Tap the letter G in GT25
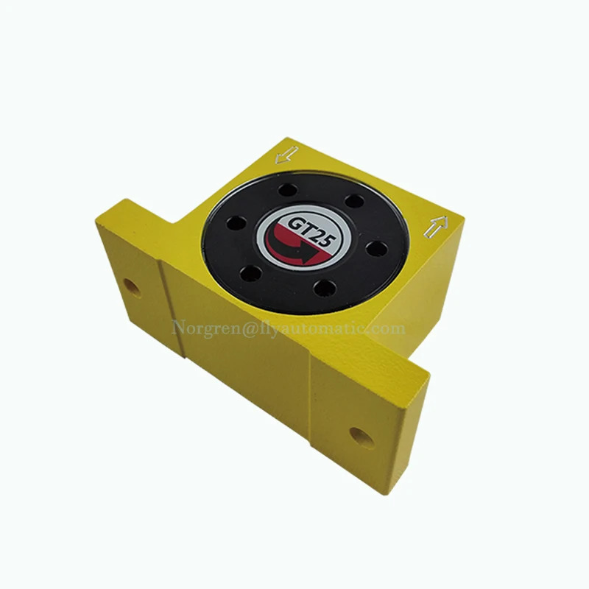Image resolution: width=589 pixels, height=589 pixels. tap(295, 225)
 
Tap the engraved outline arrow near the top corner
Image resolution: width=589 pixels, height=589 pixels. tap(286, 155)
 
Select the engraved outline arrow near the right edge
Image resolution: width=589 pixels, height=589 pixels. tap(436, 228)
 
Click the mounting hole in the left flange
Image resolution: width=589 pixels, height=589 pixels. tap(132, 288)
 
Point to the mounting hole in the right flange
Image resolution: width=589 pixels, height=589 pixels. tap(361, 438)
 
